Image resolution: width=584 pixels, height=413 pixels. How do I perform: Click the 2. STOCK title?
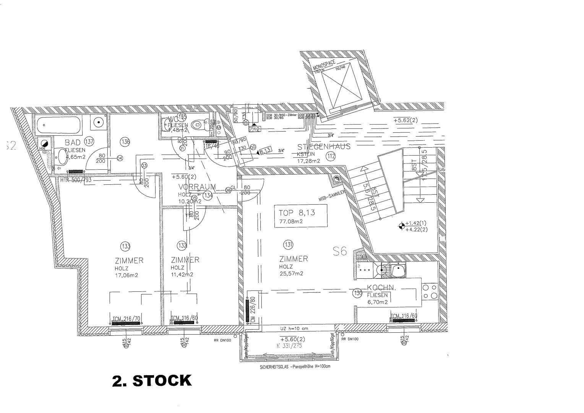tap(152, 380)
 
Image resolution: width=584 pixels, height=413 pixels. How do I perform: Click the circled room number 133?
tap(125, 245)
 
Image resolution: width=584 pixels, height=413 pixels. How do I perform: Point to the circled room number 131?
tap(289, 244)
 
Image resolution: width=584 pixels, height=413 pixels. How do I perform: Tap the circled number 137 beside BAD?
tap(89, 141)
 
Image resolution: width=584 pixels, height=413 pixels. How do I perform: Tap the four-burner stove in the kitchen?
tap(430, 292)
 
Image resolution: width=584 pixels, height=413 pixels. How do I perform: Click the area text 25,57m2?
tap(291, 273)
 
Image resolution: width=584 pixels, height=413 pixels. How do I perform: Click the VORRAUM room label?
tap(197, 187)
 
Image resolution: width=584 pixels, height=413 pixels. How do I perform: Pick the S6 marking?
tap(339, 252)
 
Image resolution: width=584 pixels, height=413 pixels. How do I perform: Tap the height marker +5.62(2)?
tap(406, 120)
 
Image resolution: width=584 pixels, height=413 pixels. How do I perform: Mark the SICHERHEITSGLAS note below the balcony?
tap(288, 366)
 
